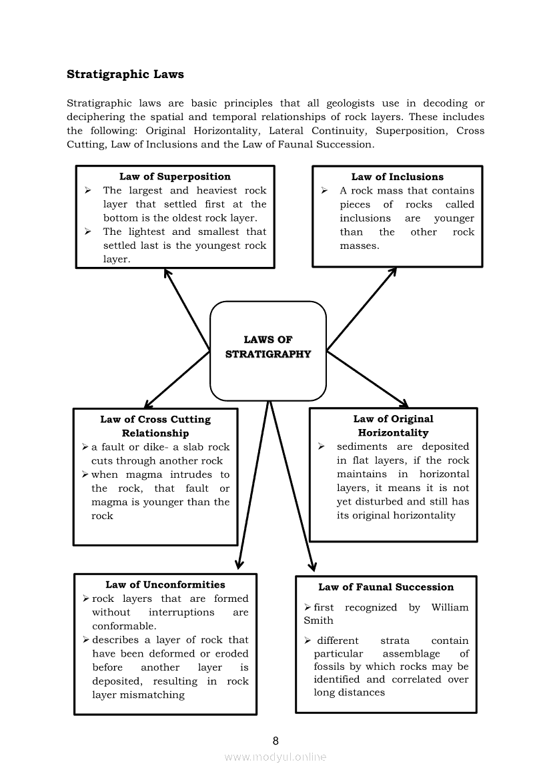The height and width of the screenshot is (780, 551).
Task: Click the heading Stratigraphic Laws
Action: click(x=125, y=74)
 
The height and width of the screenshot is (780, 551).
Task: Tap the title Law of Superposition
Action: click(x=175, y=177)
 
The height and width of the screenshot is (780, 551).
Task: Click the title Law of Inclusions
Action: click(x=397, y=177)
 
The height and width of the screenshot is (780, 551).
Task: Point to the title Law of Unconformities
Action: click(x=165, y=584)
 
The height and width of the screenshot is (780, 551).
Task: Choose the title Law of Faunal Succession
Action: click(x=386, y=587)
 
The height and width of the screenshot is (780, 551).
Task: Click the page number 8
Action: click(x=275, y=741)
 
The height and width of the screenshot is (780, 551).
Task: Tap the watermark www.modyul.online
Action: click(x=275, y=757)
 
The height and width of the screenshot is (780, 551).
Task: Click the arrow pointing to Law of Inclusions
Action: click(x=362, y=308)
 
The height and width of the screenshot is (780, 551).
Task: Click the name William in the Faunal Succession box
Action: click(x=450, y=607)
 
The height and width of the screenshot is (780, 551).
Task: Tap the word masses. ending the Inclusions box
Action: click(x=359, y=246)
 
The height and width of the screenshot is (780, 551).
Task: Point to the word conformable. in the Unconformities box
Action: click(x=124, y=626)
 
